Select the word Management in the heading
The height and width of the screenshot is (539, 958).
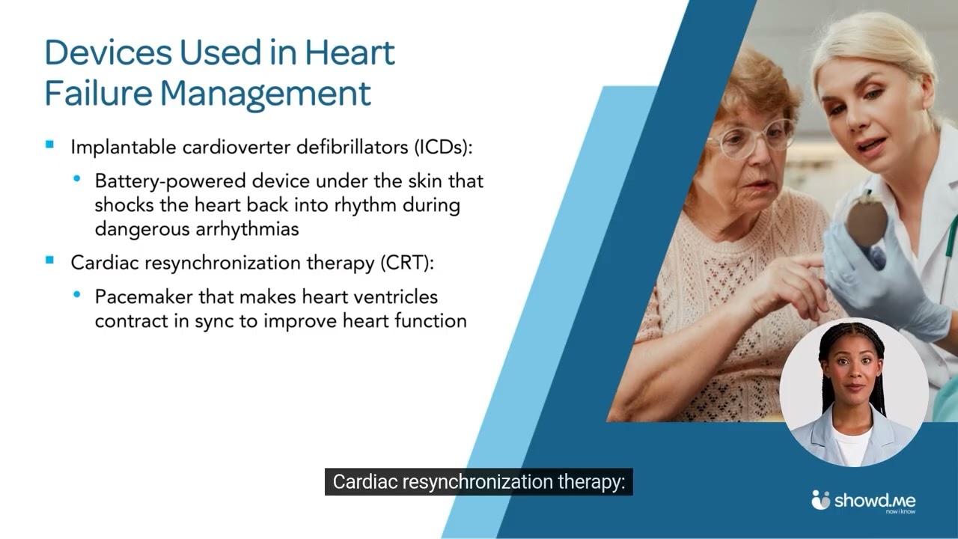coord(266,94)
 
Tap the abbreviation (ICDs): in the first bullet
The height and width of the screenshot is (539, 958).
coord(443,147)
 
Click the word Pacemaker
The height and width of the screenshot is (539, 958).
coord(144,297)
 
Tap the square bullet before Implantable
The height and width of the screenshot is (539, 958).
coord(50,145)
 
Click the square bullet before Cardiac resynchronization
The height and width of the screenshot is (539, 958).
coord(50,261)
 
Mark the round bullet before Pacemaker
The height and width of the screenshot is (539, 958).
coord(77,295)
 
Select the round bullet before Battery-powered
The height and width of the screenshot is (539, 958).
coord(77,179)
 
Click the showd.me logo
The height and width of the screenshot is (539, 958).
coord(864,502)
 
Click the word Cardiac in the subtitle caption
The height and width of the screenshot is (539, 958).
coord(364,482)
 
